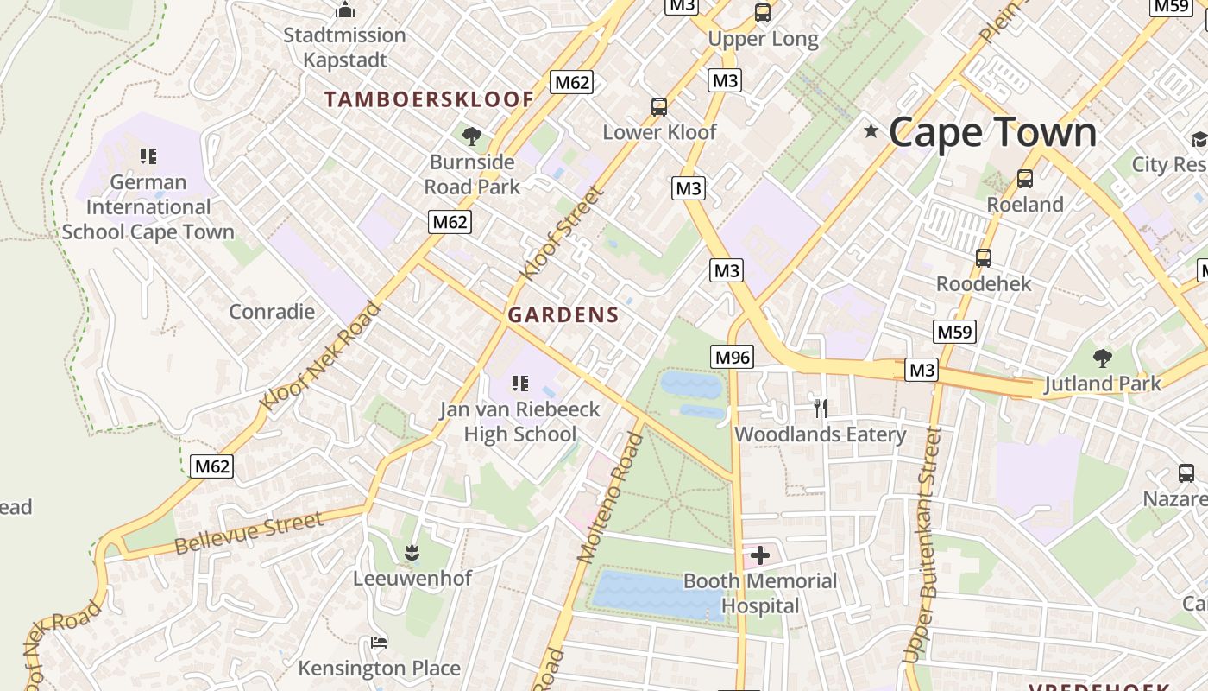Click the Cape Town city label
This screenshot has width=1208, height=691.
coord(992,132)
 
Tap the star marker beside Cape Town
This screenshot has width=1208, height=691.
coord(871,131)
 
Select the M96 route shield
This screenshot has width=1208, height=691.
coord(733,356)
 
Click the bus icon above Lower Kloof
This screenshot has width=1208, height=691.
coord(659,107)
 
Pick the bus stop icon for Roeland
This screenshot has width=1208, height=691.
coord(1025,179)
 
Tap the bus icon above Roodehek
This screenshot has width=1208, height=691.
coord(983,257)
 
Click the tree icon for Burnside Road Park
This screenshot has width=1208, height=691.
coord(471,136)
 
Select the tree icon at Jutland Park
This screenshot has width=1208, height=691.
coord(1102,358)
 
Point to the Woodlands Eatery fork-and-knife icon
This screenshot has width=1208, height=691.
coord(820,408)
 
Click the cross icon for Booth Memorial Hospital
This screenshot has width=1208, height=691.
coord(759,555)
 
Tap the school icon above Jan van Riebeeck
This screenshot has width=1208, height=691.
coord(519,383)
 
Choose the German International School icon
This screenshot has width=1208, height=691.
coord(148,156)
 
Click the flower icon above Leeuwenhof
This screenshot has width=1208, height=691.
coord(412,551)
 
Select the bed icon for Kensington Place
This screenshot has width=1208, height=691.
coord(378,642)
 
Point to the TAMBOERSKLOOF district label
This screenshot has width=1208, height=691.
coord(429,99)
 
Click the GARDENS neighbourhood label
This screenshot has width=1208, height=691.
coord(563,315)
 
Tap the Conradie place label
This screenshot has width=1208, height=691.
coord(272,312)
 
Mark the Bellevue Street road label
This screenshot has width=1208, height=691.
coord(249,533)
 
